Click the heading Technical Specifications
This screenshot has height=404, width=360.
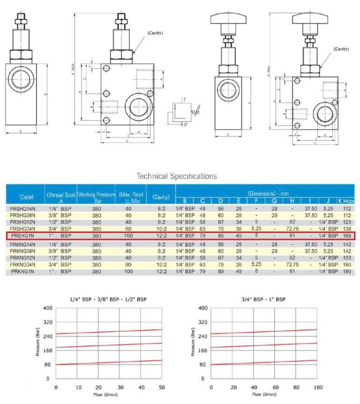click(x=176, y=176)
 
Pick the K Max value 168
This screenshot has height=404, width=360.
click(x=347, y=236)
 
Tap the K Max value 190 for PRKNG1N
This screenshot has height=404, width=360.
click(x=347, y=271)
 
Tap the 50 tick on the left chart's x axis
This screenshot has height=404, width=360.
click(x=162, y=388)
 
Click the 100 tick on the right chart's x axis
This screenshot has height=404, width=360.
click(x=317, y=388)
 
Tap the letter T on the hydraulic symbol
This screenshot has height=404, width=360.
click(x=184, y=100)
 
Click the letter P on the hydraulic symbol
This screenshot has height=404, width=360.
click(x=186, y=125)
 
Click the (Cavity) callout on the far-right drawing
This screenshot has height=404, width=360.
click(x=341, y=49)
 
